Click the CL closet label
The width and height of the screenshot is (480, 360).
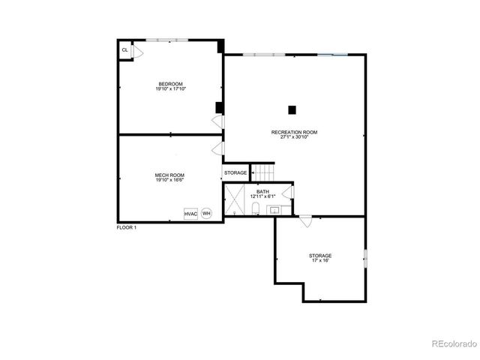125,50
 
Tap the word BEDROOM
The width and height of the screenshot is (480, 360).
170,83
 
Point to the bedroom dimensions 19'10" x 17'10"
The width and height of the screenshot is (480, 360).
170,88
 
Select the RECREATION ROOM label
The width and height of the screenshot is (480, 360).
295,132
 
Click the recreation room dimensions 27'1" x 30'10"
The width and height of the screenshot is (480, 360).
295,137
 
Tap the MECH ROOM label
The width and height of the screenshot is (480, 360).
169,175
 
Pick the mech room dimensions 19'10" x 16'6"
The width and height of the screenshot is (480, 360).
169,180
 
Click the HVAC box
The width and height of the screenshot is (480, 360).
190,214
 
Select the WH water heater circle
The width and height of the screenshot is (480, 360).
206,214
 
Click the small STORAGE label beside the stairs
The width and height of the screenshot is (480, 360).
235,173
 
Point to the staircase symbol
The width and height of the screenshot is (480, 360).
262,172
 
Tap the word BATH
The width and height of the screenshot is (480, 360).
262,191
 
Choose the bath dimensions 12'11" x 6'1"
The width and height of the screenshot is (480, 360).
262,196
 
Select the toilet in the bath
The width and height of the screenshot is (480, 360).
255,208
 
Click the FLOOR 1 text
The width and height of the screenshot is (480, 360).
127,227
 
